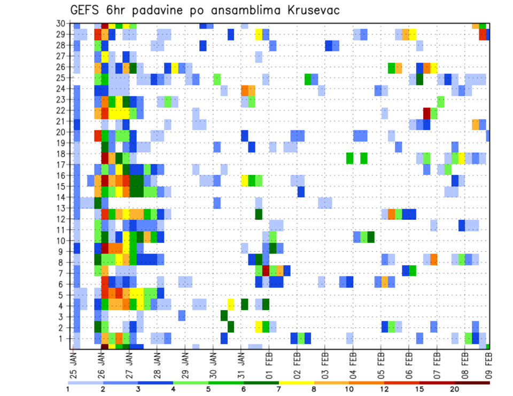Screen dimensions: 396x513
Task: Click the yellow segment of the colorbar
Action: (x=297, y=383)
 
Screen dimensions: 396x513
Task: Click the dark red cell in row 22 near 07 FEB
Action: (x=426, y=113)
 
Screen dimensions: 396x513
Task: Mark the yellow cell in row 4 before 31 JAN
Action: (x=231, y=304)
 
